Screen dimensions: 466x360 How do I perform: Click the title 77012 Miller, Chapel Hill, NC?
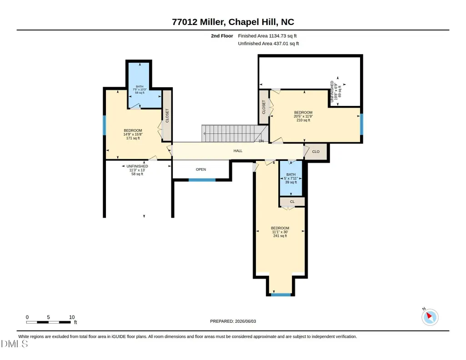point(233,22)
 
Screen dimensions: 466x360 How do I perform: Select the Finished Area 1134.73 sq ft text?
point(267,36)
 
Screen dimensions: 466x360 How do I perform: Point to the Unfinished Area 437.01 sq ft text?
point(268,43)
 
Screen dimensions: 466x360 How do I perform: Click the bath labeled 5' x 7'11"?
point(291,178)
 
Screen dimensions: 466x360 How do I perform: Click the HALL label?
point(238,151)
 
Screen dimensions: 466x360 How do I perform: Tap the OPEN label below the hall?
point(201,169)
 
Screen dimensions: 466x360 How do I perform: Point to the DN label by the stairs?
point(261,141)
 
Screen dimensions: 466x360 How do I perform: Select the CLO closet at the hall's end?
point(316,151)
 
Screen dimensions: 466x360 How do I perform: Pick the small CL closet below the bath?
point(292,202)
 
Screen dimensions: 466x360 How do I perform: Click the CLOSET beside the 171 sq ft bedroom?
point(167,115)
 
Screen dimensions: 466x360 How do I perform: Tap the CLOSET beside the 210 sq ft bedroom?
point(264,107)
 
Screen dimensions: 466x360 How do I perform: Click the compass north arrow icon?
point(430,317)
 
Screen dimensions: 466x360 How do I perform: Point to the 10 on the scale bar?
point(72,317)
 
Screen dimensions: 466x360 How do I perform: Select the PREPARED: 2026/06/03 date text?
point(233,321)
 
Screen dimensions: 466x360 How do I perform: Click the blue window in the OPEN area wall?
point(202,180)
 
